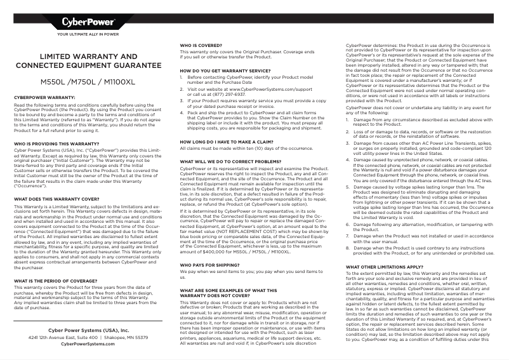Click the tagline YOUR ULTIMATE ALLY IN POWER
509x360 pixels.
coord(88,34)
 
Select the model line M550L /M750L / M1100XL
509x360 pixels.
coord(88,83)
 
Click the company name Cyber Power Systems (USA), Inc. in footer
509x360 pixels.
coord(88,331)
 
